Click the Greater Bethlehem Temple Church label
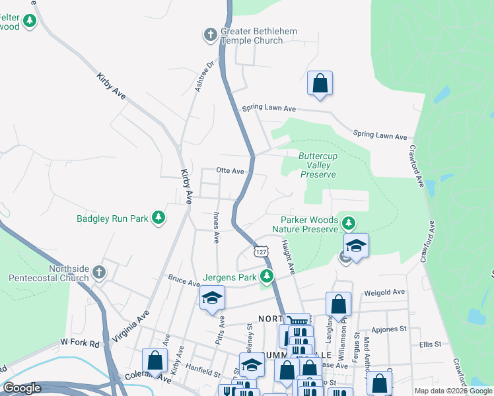(259, 36)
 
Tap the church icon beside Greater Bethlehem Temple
(211, 34)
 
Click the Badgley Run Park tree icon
(158, 216)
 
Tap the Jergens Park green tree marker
(266, 276)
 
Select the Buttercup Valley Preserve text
(318, 165)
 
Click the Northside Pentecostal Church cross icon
(98, 272)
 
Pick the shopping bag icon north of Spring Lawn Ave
(320, 84)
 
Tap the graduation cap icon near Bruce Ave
(213, 298)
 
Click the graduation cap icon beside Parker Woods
(356, 246)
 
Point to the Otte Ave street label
(230, 170)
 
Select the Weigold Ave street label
(389, 292)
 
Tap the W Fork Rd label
(79, 343)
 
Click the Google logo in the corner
(22, 388)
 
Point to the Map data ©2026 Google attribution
(452, 391)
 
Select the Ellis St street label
(429, 345)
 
